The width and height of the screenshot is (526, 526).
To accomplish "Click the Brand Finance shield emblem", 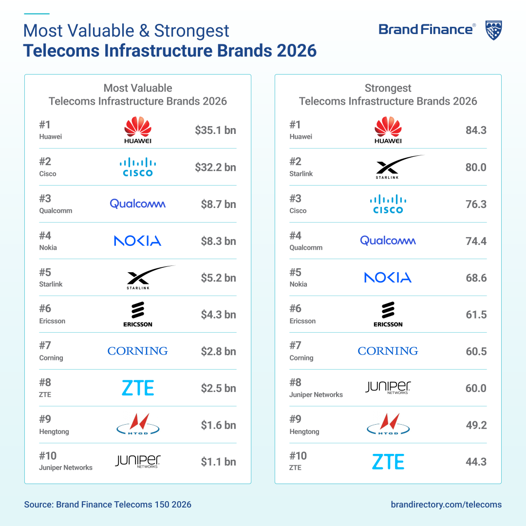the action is [x=494, y=30].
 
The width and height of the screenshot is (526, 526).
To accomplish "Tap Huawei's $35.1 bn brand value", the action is [x=215, y=130].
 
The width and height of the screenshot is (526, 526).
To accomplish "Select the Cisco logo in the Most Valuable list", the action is [x=138, y=167].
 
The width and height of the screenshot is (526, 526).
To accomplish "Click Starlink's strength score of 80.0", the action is [x=476, y=167].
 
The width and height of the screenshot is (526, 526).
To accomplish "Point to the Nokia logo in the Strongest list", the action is [x=388, y=278].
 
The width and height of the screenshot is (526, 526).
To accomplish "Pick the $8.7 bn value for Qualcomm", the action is [x=218, y=204].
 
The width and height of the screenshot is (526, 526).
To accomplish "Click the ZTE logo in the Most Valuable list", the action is [x=138, y=388].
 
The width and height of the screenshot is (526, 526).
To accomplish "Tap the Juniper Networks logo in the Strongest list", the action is [x=388, y=388].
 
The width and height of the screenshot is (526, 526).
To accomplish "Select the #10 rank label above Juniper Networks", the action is [x=48, y=455].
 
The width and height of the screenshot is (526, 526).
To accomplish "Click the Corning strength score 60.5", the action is [x=476, y=351].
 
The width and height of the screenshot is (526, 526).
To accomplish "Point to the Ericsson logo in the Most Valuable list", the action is [x=138, y=314].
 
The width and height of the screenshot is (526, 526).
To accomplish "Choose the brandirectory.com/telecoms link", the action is [x=446, y=505].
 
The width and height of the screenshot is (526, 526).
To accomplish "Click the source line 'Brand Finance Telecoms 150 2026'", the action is [x=123, y=505].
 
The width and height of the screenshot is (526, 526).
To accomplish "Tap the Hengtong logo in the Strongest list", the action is [x=388, y=424].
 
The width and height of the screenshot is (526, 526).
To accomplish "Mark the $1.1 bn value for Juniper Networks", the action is [x=218, y=462].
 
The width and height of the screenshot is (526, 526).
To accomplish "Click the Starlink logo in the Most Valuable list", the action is [x=151, y=278].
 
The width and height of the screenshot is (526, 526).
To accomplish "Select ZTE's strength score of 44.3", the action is [x=476, y=462].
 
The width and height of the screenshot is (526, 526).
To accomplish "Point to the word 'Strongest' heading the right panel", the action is [x=388, y=88].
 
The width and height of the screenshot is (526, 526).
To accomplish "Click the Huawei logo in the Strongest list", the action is [x=388, y=130].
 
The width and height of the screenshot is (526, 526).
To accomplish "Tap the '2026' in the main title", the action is [x=297, y=51].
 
